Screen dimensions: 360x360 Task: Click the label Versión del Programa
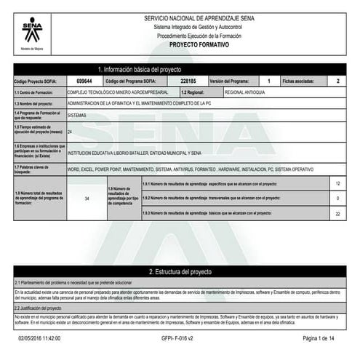pyautogui.click(x=229, y=81)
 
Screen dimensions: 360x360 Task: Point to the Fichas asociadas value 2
pyautogui.click(x=337, y=81)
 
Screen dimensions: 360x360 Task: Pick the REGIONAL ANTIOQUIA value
pyautogui.click(x=245, y=93)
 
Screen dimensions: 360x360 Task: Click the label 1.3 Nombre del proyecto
pyautogui.click(x=35, y=104)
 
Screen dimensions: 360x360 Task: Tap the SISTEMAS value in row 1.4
pyautogui.click(x=76, y=115)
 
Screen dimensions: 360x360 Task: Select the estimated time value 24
pyautogui.click(x=69, y=132)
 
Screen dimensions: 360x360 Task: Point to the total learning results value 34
pyautogui.click(x=87, y=198)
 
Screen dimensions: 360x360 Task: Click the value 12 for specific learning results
pyautogui.click(x=337, y=183)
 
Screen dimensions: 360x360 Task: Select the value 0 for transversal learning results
pyautogui.click(x=337, y=198)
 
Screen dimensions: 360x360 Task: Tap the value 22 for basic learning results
pyautogui.click(x=337, y=213)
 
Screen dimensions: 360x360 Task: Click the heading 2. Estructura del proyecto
pyautogui.click(x=180, y=271)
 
